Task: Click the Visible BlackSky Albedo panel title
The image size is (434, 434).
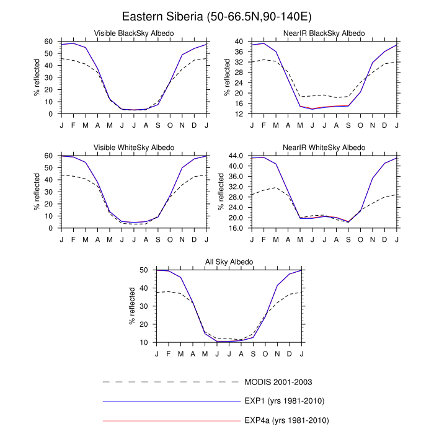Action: click(133, 33)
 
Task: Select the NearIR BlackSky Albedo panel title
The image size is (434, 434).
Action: click(324, 33)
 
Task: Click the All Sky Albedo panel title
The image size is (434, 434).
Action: click(229, 262)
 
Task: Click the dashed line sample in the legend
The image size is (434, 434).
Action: click(170, 381)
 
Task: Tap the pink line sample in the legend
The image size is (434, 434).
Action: click(170, 420)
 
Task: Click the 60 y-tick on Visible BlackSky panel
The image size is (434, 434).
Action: click(49, 42)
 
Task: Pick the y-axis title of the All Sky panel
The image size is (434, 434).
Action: click(132, 306)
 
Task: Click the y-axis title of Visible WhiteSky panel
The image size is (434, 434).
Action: click(37, 192)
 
